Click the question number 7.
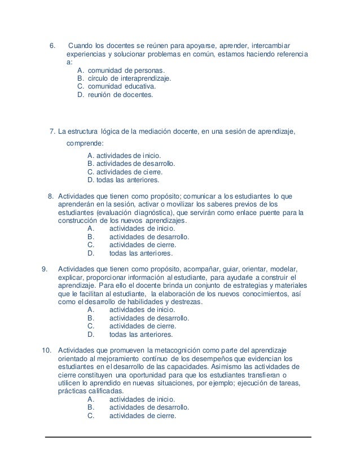[x=52, y=132]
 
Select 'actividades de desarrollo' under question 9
[x=148, y=318]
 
